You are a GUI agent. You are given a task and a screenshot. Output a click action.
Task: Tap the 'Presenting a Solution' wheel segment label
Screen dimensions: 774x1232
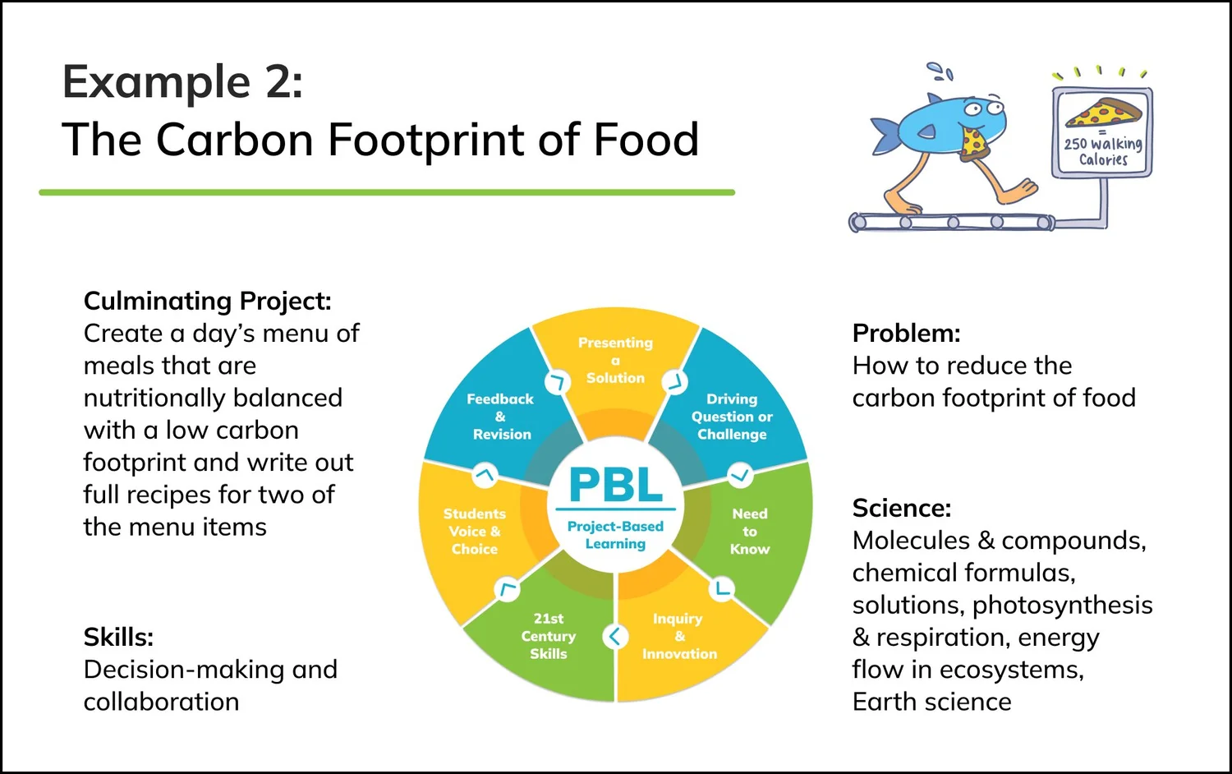[615, 360]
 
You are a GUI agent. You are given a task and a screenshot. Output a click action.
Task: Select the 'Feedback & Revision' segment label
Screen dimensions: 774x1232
[500, 417]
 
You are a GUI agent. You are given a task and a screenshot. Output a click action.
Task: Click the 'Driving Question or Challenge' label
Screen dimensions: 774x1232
[732, 417]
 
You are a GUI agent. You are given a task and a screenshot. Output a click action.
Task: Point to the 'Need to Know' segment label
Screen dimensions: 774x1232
[750, 531]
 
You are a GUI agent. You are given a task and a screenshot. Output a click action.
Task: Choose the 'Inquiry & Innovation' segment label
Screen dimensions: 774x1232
[679, 636]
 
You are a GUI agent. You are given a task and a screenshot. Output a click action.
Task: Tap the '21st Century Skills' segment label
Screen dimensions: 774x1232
[549, 636]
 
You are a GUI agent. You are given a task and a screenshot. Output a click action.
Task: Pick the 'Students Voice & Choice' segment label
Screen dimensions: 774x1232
[475, 531]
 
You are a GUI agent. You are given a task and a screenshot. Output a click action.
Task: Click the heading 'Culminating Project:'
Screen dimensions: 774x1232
[207, 301]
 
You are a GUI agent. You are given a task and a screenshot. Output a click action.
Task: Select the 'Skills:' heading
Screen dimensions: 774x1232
[118, 637]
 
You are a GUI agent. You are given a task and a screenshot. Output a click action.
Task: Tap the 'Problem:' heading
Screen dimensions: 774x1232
[906, 333]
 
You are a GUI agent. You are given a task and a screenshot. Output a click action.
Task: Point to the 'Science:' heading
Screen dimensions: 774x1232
[901, 508]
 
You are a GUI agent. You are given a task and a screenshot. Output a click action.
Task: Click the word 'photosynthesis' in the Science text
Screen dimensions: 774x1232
[1062, 605]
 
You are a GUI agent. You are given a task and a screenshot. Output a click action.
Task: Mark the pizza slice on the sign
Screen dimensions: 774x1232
[1103, 113]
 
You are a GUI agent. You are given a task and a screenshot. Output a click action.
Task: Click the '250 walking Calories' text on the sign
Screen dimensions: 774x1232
[1103, 151]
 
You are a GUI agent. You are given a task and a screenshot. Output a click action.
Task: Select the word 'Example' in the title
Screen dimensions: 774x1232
[156, 81]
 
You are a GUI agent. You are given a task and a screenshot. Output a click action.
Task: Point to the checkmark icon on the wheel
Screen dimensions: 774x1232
[740, 475]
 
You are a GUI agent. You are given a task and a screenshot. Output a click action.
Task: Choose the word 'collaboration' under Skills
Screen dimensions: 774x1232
[161, 702]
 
